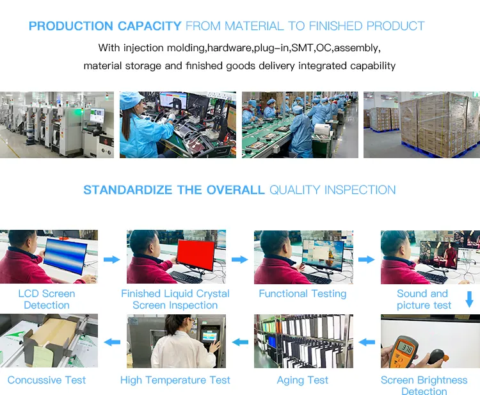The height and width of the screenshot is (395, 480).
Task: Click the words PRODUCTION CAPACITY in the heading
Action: point(105,26)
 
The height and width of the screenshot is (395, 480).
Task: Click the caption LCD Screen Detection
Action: point(47,300)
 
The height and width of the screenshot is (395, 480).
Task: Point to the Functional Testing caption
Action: point(302,294)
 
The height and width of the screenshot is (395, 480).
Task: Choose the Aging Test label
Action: point(302,380)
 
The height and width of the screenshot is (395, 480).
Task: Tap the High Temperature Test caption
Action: point(175,380)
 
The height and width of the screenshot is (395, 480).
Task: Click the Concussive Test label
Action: point(47,380)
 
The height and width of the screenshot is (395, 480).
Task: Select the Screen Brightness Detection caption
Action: point(424,385)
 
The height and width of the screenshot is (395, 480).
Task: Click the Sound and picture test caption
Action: point(423,300)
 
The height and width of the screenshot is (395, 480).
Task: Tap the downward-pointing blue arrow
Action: point(469,299)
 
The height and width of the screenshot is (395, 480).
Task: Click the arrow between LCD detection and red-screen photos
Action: point(112,259)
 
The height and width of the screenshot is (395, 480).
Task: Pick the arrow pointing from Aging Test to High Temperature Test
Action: point(240,343)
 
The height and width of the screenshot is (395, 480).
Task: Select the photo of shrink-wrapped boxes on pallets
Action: point(421,125)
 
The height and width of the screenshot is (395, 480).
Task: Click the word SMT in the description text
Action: point(303,48)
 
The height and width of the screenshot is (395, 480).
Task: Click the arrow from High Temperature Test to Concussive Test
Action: point(112,343)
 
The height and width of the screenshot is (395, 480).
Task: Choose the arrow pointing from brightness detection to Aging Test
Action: point(367,343)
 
